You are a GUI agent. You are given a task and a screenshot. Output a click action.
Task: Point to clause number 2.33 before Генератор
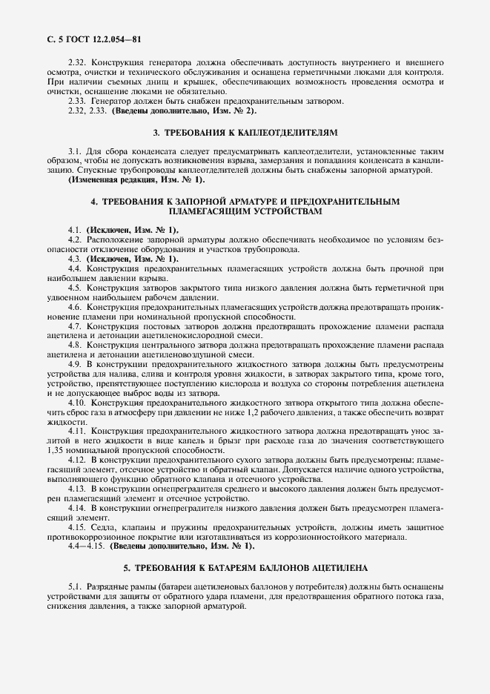[76, 101]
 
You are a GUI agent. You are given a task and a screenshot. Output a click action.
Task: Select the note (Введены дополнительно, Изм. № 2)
[184, 110]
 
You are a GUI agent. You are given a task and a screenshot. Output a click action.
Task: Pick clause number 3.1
[73, 151]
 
